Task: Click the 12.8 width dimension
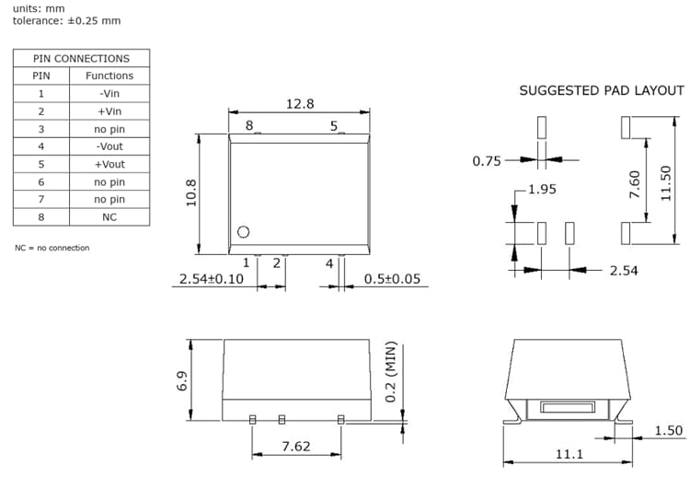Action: tap(300, 104)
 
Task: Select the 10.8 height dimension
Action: tap(192, 194)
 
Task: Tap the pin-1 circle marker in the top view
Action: tap(244, 233)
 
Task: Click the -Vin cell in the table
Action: tap(109, 93)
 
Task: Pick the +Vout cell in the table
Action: tap(109, 164)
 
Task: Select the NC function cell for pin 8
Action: tap(109, 217)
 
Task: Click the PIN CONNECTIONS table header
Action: tap(81, 58)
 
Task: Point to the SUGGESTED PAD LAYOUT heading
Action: tap(602, 90)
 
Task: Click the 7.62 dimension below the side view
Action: tap(295, 447)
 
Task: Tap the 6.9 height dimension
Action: tap(181, 380)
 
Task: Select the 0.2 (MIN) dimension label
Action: tap(389, 372)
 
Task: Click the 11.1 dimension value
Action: tap(569, 454)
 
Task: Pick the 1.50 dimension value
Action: tap(668, 431)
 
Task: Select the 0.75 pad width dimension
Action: tap(487, 161)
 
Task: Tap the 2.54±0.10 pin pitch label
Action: tap(212, 278)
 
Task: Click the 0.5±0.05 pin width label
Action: tap(393, 278)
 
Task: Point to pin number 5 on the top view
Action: tap(334, 125)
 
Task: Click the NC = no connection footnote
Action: tap(52, 248)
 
